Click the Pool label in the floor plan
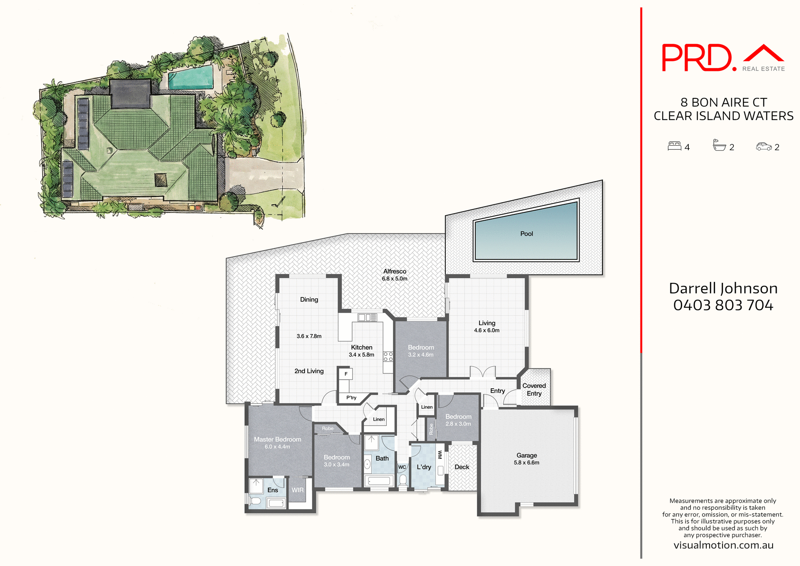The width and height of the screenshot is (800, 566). [527, 234]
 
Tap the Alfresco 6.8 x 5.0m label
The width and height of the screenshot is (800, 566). [395, 275]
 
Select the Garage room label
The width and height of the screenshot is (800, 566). [527, 455]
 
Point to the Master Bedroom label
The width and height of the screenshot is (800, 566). [277, 440]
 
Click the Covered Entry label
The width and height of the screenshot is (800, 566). [534, 390]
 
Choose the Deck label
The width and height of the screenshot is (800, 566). [462, 467]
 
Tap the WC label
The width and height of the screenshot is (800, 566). [402, 467]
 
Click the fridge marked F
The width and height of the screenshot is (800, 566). [346, 374]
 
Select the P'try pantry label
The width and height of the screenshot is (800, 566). [351, 398]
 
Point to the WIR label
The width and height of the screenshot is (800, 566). [297, 490]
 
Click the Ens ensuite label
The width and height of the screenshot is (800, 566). [272, 490]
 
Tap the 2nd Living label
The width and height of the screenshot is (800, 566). [309, 371]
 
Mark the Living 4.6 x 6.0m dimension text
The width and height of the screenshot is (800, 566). [487, 330]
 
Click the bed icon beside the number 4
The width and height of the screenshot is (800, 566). [674, 146]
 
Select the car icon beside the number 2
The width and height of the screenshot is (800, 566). [764, 146]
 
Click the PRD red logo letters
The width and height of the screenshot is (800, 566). [697, 58]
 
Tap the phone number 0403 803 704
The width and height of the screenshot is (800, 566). [723, 305]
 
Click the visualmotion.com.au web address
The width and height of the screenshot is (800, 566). [723, 545]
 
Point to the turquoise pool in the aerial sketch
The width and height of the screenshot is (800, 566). [191, 77]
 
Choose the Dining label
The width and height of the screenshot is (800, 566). [309, 299]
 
